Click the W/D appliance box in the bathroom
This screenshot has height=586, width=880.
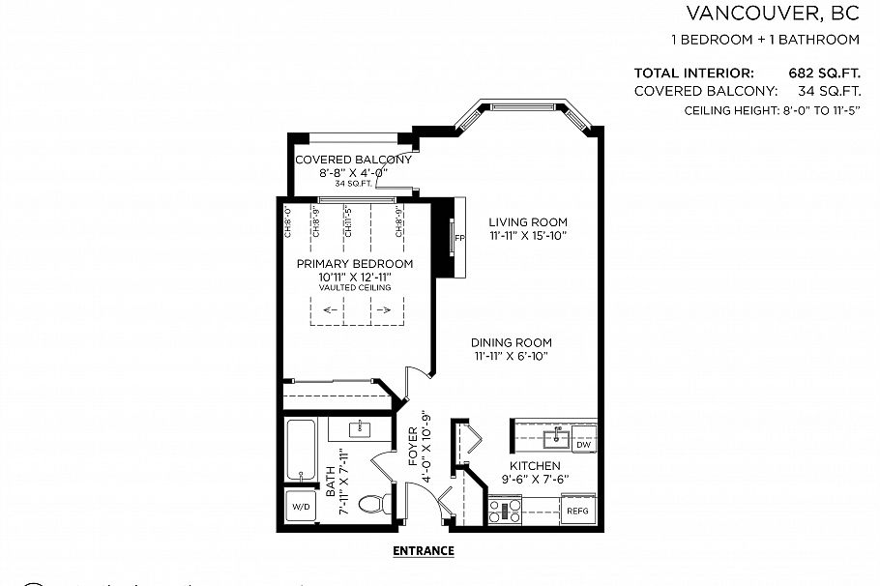click(300, 505)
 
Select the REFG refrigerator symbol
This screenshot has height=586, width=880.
click(576, 511)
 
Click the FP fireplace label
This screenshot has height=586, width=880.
click(459, 237)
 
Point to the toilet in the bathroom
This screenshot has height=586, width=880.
click(371, 504)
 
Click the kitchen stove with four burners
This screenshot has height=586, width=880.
click(506, 510)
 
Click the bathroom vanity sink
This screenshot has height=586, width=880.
click(360, 427)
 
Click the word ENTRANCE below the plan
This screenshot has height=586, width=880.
click(423, 551)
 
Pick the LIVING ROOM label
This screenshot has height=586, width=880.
click(527, 221)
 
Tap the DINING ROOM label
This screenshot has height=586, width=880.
click(512, 342)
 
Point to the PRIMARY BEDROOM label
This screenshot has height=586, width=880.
click(355, 264)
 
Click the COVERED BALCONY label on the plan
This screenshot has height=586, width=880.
click(353, 160)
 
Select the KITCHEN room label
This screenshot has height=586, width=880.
click(535, 466)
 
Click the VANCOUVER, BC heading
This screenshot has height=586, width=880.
click(772, 14)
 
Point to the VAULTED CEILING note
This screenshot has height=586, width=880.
click(355, 288)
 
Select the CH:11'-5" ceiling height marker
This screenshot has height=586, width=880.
click(346, 220)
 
